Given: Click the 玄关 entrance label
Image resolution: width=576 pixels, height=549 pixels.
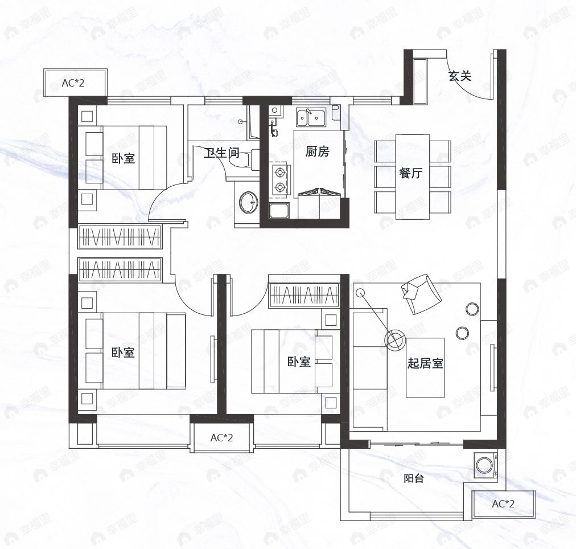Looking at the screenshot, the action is [459, 76].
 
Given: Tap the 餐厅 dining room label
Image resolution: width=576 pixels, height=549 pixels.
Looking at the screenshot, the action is [411, 173].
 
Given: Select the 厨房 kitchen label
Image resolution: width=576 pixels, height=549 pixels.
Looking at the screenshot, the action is [318, 151].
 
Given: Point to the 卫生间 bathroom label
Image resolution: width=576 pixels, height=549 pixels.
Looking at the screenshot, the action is [222, 153].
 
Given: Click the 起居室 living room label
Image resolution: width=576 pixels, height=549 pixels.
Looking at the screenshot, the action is [425, 363].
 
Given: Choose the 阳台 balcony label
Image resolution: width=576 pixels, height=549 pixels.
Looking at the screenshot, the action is [414, 478].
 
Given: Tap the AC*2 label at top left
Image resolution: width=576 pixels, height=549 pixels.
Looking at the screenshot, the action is [73, 83].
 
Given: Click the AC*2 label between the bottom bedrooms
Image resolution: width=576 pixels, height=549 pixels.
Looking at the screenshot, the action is [221, 437].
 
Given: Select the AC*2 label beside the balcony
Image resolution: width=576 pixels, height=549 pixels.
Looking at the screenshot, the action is [503, 504].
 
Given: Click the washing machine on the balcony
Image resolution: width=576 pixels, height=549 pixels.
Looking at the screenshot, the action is [486, 465].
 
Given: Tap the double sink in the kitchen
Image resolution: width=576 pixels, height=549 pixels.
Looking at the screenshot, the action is [311, 117].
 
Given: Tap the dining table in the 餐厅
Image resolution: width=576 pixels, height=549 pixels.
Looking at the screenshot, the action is [413, 177].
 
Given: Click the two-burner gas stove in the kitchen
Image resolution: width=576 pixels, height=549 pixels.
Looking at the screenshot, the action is [280, 180].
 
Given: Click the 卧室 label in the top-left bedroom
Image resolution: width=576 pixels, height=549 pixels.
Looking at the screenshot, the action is [123, 158].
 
